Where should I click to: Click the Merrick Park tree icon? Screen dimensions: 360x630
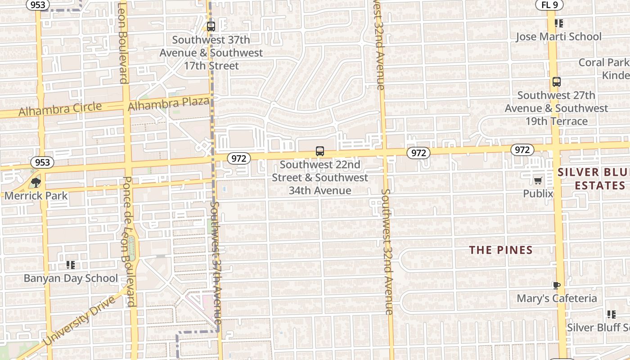pyautogui.click(x=36, y=182)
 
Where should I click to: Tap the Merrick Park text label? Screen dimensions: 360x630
pyautogui.click(x=36, y=196)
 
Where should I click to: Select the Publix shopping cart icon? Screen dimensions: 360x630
pyautogui.click(x=538, y=181)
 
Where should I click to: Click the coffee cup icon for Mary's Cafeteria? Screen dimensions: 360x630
pyautogui.click(x=557, y=285)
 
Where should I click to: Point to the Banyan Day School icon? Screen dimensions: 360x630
pyautogui.click(x=70, y=265)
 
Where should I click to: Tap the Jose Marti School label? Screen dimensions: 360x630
pyautogui.click(x=558, y=36)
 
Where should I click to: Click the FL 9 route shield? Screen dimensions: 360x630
pyautogui.click(x=549, y=5)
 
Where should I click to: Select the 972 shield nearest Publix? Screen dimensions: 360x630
pyautogui.click(x=522, y=150)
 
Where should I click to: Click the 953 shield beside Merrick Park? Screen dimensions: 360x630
pyautogui.click(x=42, y=162)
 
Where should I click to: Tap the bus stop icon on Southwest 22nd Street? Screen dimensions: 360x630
pyautogui.click(x=320, y=151)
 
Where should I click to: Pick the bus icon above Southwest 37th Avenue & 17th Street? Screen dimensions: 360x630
pyautogui.click(x=211, y=27)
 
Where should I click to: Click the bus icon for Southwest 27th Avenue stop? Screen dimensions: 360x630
pyautogui.click(x=557, y=82)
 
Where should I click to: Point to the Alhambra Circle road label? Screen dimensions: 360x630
pyautogui.click(x=60, y=109)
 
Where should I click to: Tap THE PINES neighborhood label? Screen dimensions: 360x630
pyautogui.click(x=501, y=250)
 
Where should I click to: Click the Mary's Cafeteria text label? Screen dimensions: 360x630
pyautogui.click(x=557, y=298)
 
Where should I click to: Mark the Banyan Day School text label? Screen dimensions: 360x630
pyautogui.click(x=71, y=278)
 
